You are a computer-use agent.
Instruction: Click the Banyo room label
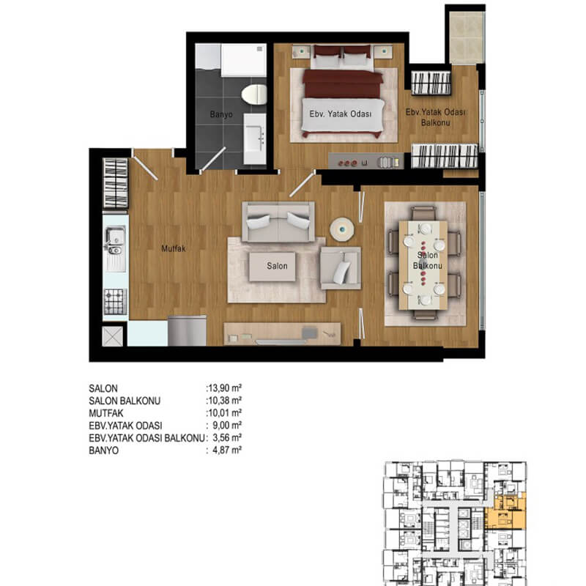[x=221, y=114]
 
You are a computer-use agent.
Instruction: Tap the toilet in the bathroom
[x=254, y=94]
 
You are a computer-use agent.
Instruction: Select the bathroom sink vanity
[x=255, y=139]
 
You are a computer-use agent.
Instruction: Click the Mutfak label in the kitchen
[x=174, y=248]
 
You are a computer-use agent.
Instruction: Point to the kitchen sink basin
[x=116, y=240]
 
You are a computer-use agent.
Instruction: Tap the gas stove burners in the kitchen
[x=115, y=301]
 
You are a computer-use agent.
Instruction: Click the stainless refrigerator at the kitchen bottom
[x=188, y=331]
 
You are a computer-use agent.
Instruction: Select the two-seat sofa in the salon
[x=278, y=222]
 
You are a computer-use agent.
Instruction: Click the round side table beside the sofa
[x=342, y=229]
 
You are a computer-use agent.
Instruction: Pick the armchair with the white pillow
[x=341, y=267]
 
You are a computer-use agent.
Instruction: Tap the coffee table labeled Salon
[x=272, y=267]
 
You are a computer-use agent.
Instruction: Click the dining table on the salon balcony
[x=423, y=265]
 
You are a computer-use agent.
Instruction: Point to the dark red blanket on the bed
[x=342, y=84]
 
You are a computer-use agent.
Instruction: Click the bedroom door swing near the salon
[x=303, y=184]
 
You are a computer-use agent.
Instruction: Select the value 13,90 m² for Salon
[x=225, y=388]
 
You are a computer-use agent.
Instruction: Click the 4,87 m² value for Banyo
[x=227, y=450]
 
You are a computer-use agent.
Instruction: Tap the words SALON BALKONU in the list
[x=125, y=401]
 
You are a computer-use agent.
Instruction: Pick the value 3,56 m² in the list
[x=227, y=437]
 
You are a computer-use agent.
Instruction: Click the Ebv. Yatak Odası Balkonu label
[x=435, y=117]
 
